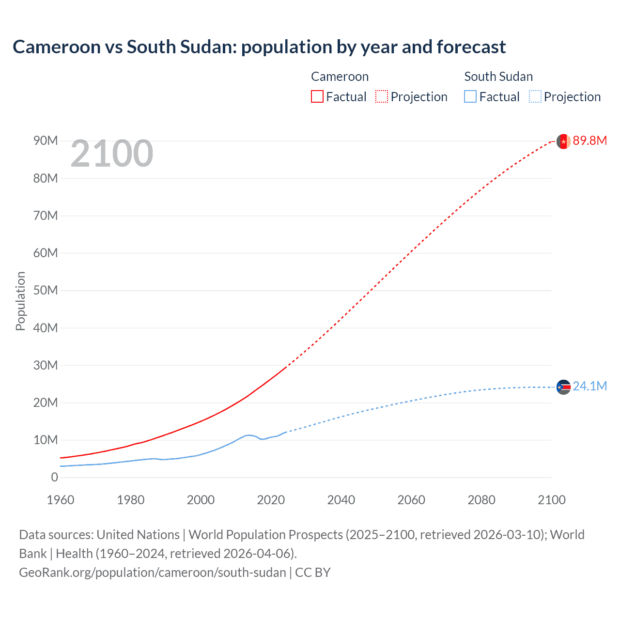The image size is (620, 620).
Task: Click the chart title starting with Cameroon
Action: [x=259, y=47]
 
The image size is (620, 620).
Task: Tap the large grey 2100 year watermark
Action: [x=112, y=154]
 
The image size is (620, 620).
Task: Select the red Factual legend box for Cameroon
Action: [x=317, y=96]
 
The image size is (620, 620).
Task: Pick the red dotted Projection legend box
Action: [x=382, y=96]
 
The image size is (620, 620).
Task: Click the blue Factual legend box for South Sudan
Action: [x=470, y=96]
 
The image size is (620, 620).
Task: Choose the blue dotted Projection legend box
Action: [x=535, y=96]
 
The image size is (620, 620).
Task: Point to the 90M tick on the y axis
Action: [x=46, y=140]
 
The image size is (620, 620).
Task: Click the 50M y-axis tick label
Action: [x=46, y=290]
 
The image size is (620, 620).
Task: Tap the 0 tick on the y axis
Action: [x=54, y=477]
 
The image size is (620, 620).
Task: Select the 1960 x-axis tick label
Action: [x=61, y=500]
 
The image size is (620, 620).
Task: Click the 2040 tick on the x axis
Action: [x=341, y=500]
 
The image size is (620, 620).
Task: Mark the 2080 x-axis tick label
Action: [x=481, y=500]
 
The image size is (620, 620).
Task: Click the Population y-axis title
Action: [x=20, y=301]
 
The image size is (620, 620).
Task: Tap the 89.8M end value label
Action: [x=589, y=140]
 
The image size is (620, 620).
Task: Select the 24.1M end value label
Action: [x=589, y=386]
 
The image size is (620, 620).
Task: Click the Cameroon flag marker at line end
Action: [x=563, y=141]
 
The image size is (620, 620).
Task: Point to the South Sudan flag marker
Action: [x=563, y=387]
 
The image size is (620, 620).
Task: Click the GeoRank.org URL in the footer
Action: [x=153, y=572]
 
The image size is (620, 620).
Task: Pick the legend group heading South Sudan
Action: [x=498, y=77]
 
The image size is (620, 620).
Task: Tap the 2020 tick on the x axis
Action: [x=271, y=500]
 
